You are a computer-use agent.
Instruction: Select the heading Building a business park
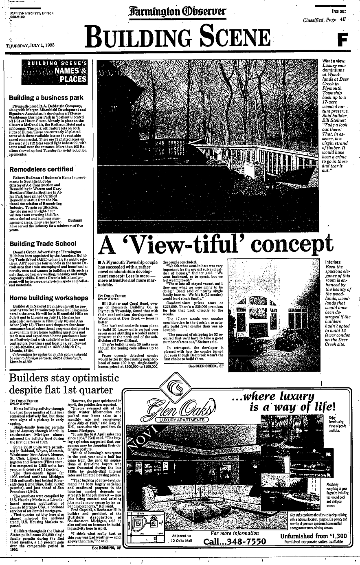(x=46, y=98)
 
